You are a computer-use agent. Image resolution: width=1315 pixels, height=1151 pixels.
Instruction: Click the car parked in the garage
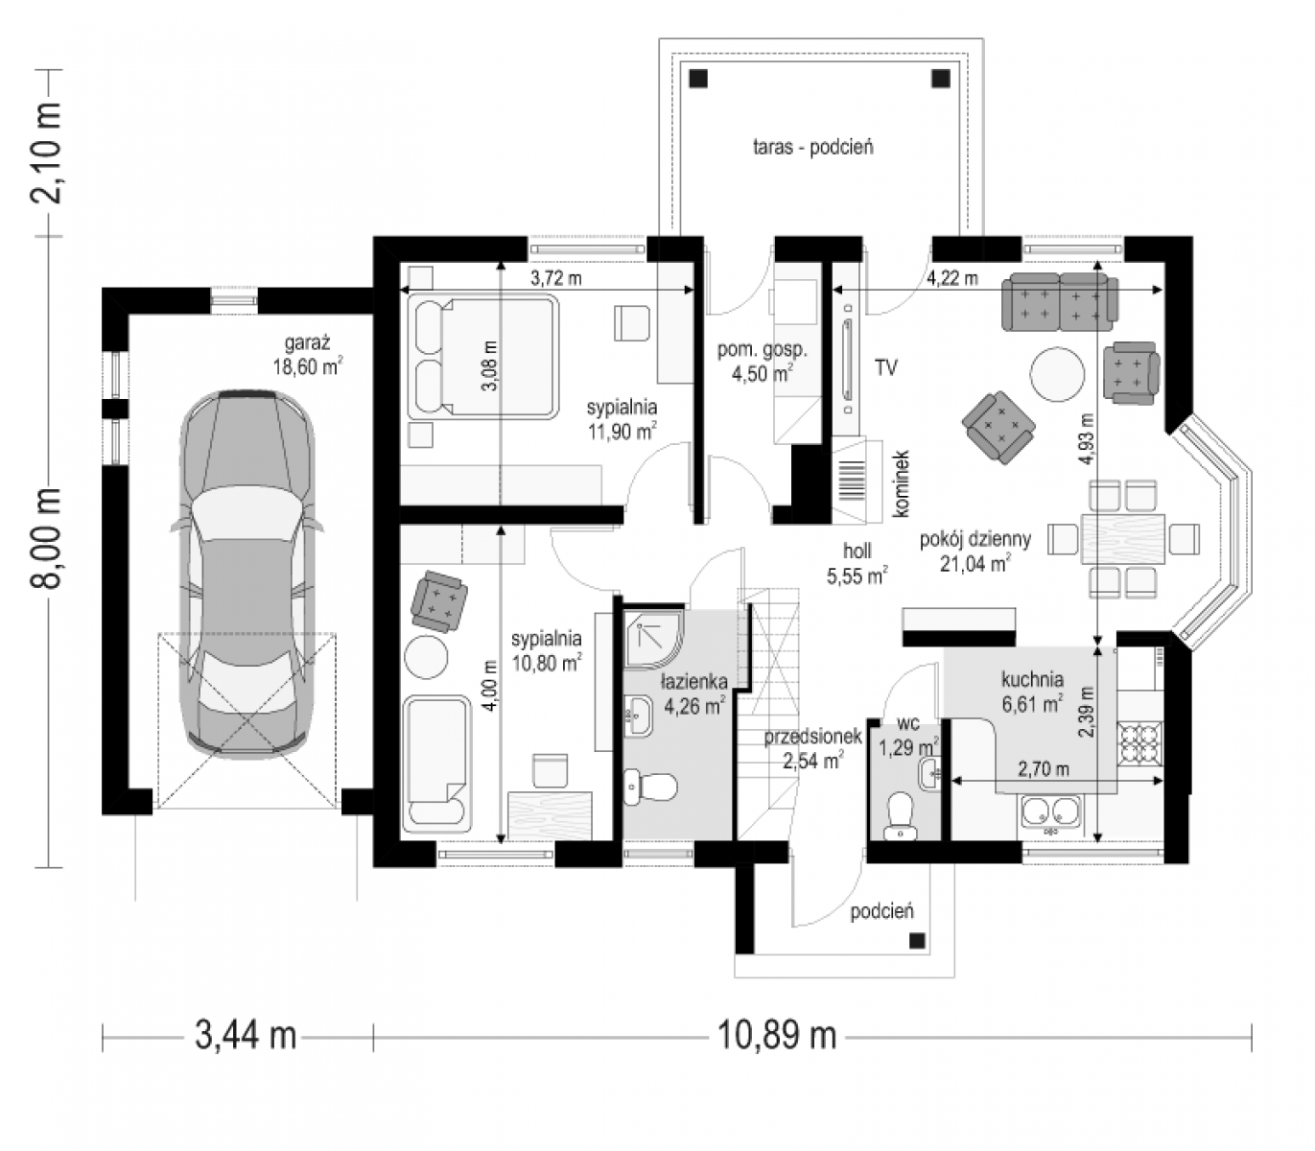coord(247,575)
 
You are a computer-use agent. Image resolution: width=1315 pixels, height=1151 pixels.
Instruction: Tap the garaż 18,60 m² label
coord(307,355)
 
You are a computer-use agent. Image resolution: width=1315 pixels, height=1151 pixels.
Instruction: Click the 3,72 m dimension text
coord(556,277)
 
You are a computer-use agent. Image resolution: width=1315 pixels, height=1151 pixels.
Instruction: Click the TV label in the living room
coord(885,367)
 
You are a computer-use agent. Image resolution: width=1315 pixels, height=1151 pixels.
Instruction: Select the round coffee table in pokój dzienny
coord(1057,373)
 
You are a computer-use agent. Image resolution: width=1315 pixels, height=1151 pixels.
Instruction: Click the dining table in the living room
coord(1123,538)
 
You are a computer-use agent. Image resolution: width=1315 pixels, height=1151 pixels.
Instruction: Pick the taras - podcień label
coord(813,147)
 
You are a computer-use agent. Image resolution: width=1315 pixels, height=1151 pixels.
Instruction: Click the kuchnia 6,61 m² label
coord(1032,692)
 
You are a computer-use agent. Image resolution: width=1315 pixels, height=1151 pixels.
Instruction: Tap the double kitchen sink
coord(1051,811)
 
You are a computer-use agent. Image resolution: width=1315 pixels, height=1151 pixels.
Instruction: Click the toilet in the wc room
coord(901,815)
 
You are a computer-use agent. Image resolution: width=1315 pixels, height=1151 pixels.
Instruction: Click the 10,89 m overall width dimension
coord(777,1035)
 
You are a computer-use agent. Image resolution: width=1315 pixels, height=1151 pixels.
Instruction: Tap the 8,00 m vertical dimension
coord(47,537)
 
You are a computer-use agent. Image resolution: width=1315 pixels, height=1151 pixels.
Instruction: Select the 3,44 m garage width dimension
coord(246,1035)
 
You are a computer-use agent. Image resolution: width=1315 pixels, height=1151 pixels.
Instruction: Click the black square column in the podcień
coord(917,941)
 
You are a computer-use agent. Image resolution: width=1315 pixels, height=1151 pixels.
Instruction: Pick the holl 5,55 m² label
coord(857,563)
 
